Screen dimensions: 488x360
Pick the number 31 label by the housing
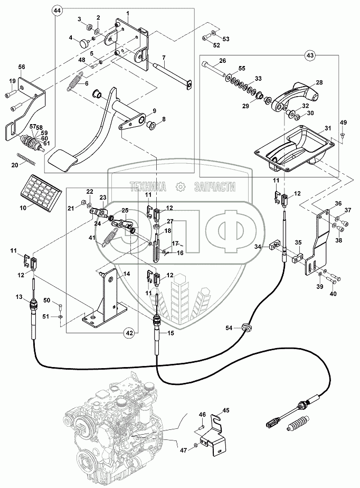click(328, 128)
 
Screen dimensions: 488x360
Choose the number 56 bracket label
click(22, 67)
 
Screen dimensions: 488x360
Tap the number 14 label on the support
click(127, 274)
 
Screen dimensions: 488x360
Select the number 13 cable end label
click(19, 297)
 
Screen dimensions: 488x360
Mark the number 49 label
click(343, 123)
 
